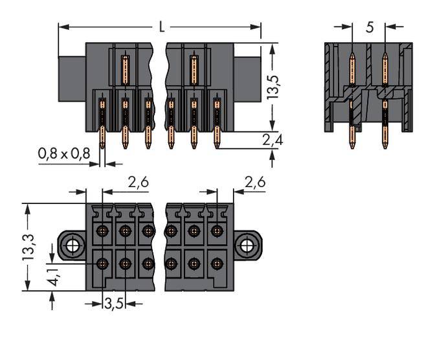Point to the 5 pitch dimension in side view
tap(369, 27)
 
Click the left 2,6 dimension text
tap(138, 183)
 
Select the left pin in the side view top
tap(352, 65)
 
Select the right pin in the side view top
tap(384, 65)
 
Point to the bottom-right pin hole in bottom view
tap(216, 263)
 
